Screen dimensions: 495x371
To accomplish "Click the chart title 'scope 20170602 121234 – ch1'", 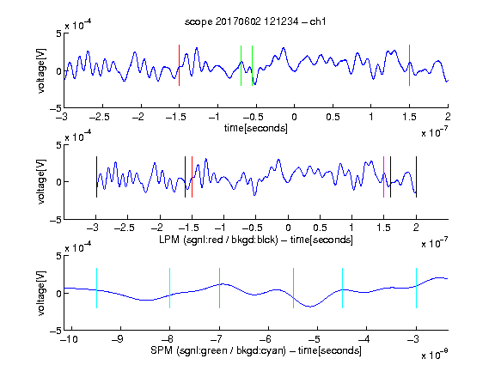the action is pyautogui.click(x=255, y=21).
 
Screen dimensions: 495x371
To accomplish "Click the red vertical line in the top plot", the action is pyautogui.click(x=179, y=65).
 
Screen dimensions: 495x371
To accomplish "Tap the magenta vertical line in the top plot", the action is pyautogui.click(x=409, y=65).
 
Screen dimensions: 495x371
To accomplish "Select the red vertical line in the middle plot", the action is pyautogui.click(x=192, y=177).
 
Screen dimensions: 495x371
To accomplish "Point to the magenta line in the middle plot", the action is pyautogui.click(x=383, y=177).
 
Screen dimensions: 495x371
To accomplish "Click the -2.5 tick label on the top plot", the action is pyautogui.click(x=100, y=117).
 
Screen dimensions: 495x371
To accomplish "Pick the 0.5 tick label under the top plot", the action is pyautogui.click(x=333, y=117).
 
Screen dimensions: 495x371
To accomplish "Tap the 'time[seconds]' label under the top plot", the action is pyautogui.click(x=256, y=128).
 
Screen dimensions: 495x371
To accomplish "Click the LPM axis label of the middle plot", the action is pyautogui.click(x=256, y=240).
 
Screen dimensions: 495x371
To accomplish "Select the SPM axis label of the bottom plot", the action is pyautogui.click(x=256, y=350).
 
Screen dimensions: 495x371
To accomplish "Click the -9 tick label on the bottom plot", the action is pyautogui.click(x=118, y=339).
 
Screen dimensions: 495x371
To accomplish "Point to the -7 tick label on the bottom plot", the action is pyautogui.click(x=217, y=339).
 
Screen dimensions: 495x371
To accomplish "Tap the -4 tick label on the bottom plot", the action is pyautogui.click(x=364, y=339).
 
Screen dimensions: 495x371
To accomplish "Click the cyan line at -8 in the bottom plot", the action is pyautogui.click(x=170, y=288).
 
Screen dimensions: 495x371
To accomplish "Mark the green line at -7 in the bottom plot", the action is pyautogui.click(x=219, y=288).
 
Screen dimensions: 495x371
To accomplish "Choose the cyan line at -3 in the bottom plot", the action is pyautogui.click(x=417, y=288).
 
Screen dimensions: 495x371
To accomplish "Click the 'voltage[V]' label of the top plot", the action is pyautogui.click(x=41, y=70).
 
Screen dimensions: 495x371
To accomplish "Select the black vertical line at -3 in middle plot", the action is pyautogui.click(x=96, y=177).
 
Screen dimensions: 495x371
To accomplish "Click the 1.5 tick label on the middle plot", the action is pyautogui.click(x=383, y=228).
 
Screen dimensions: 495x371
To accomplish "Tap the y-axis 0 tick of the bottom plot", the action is pyautogui.click(x=58, y=294).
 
